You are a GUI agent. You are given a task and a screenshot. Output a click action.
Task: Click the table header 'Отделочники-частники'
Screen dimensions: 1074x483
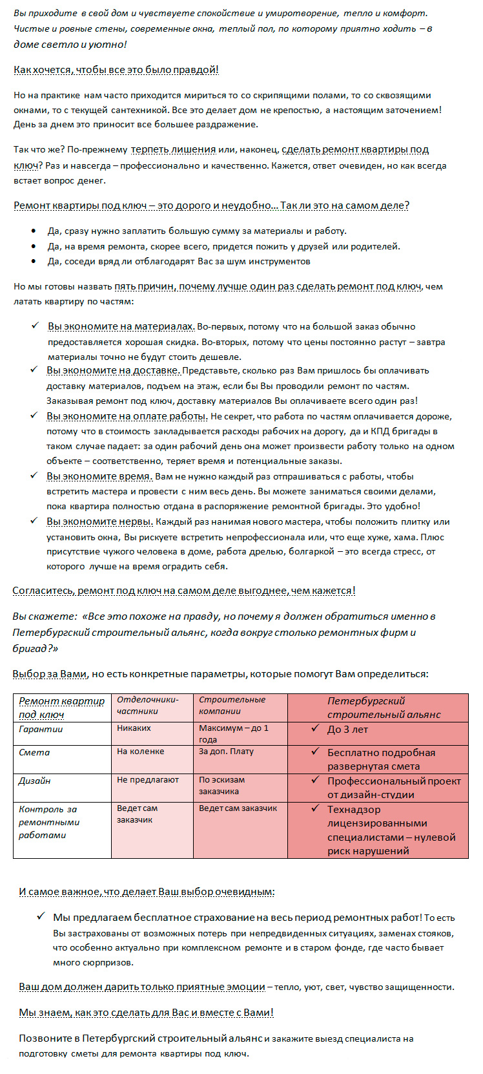point(147,705)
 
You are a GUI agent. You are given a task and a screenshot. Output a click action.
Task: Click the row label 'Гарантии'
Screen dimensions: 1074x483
point(41,729)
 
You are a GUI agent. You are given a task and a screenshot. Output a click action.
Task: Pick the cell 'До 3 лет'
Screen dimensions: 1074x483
point(347,730)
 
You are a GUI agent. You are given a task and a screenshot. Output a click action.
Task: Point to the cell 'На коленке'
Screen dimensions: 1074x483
point(140,752)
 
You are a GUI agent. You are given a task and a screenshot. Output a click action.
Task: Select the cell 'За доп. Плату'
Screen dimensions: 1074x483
point(226,752)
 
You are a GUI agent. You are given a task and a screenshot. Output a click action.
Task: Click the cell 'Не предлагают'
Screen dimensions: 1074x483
point(147,780)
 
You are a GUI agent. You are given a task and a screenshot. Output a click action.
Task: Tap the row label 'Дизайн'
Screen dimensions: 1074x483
point(34,781)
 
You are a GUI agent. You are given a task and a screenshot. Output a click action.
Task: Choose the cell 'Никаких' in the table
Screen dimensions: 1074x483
point(134,728)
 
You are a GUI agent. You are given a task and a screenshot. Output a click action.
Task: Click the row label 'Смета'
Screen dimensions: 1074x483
point(34,752)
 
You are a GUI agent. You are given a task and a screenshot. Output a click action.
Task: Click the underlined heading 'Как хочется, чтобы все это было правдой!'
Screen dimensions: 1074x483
point(116,70)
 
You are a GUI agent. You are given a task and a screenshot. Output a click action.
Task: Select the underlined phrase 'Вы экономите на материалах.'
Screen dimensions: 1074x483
point(121,327)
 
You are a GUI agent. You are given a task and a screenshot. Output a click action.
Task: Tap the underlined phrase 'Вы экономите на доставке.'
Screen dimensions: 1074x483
point(114,371)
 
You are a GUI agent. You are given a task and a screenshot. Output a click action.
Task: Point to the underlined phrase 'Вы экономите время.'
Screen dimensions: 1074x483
point(99,476)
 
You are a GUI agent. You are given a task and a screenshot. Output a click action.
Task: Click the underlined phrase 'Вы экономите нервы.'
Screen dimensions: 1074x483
point(100,521)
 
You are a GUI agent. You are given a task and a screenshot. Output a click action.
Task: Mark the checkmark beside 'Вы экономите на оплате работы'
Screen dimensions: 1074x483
point(34,416)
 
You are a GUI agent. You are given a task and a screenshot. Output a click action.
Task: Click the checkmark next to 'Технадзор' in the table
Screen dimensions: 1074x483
point(315,808)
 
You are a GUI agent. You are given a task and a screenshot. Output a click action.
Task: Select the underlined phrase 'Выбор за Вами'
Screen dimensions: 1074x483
point(49,674)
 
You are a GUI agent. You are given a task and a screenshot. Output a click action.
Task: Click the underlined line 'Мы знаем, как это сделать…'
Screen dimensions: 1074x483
point(146,1013)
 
